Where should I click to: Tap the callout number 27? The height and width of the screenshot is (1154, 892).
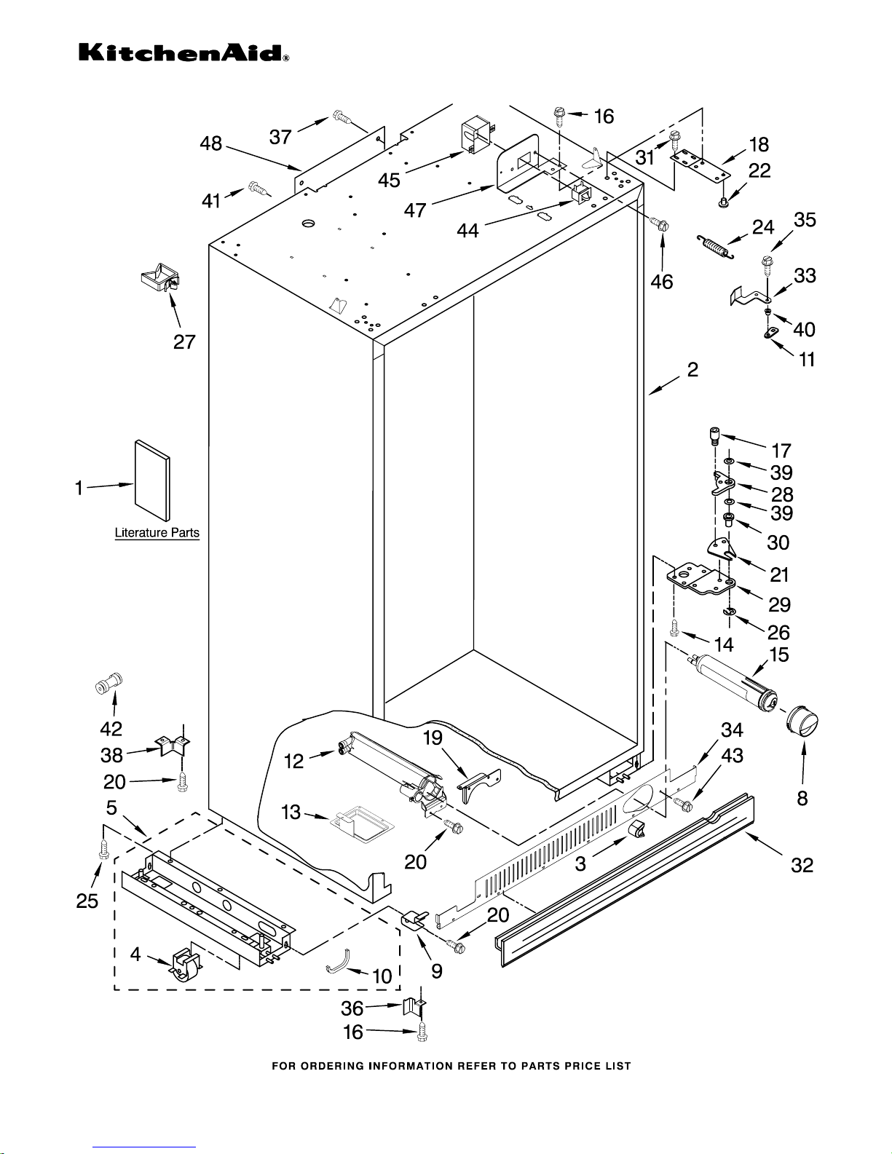coord(184,341)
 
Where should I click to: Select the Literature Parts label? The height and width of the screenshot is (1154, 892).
coord(157,533)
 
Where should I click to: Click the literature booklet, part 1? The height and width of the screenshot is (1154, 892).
coord(152,481)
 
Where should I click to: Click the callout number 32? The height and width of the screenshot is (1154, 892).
coord(802,865)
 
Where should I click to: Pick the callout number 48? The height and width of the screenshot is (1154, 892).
coord(211,143)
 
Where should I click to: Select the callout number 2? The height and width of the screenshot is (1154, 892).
coord(692,370)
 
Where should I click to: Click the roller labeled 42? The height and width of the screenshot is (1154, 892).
coord(109,684)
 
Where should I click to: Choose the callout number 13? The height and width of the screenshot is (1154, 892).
coord(291,812)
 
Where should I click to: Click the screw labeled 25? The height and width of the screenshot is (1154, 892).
coord(103,848)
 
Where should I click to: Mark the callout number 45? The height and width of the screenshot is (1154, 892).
coord(389,180)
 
